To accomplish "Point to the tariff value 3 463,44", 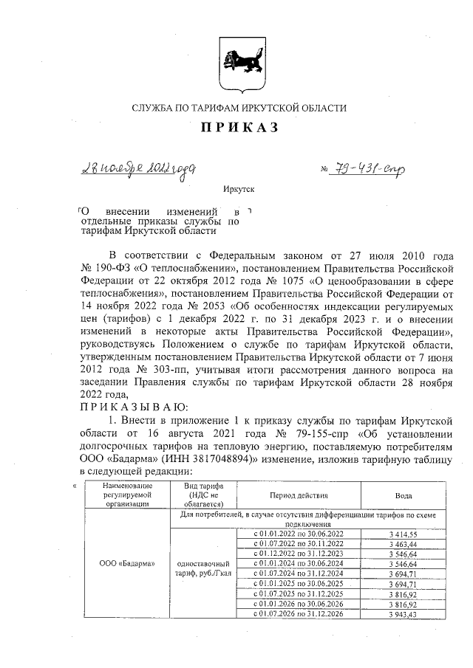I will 404,543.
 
